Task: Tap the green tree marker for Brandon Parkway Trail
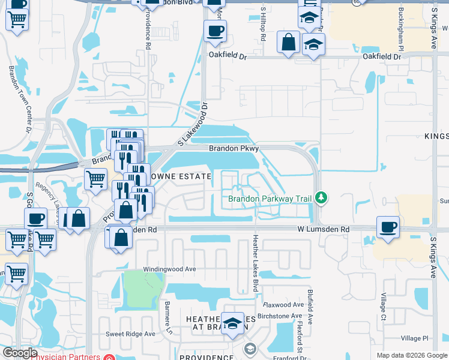[322, 197]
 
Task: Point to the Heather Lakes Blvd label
[255, 264]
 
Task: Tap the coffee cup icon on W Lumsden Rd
[388, 227]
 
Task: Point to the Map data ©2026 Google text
[411, 355]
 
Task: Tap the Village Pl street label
[415, 338]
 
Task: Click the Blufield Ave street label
[310, 307]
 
